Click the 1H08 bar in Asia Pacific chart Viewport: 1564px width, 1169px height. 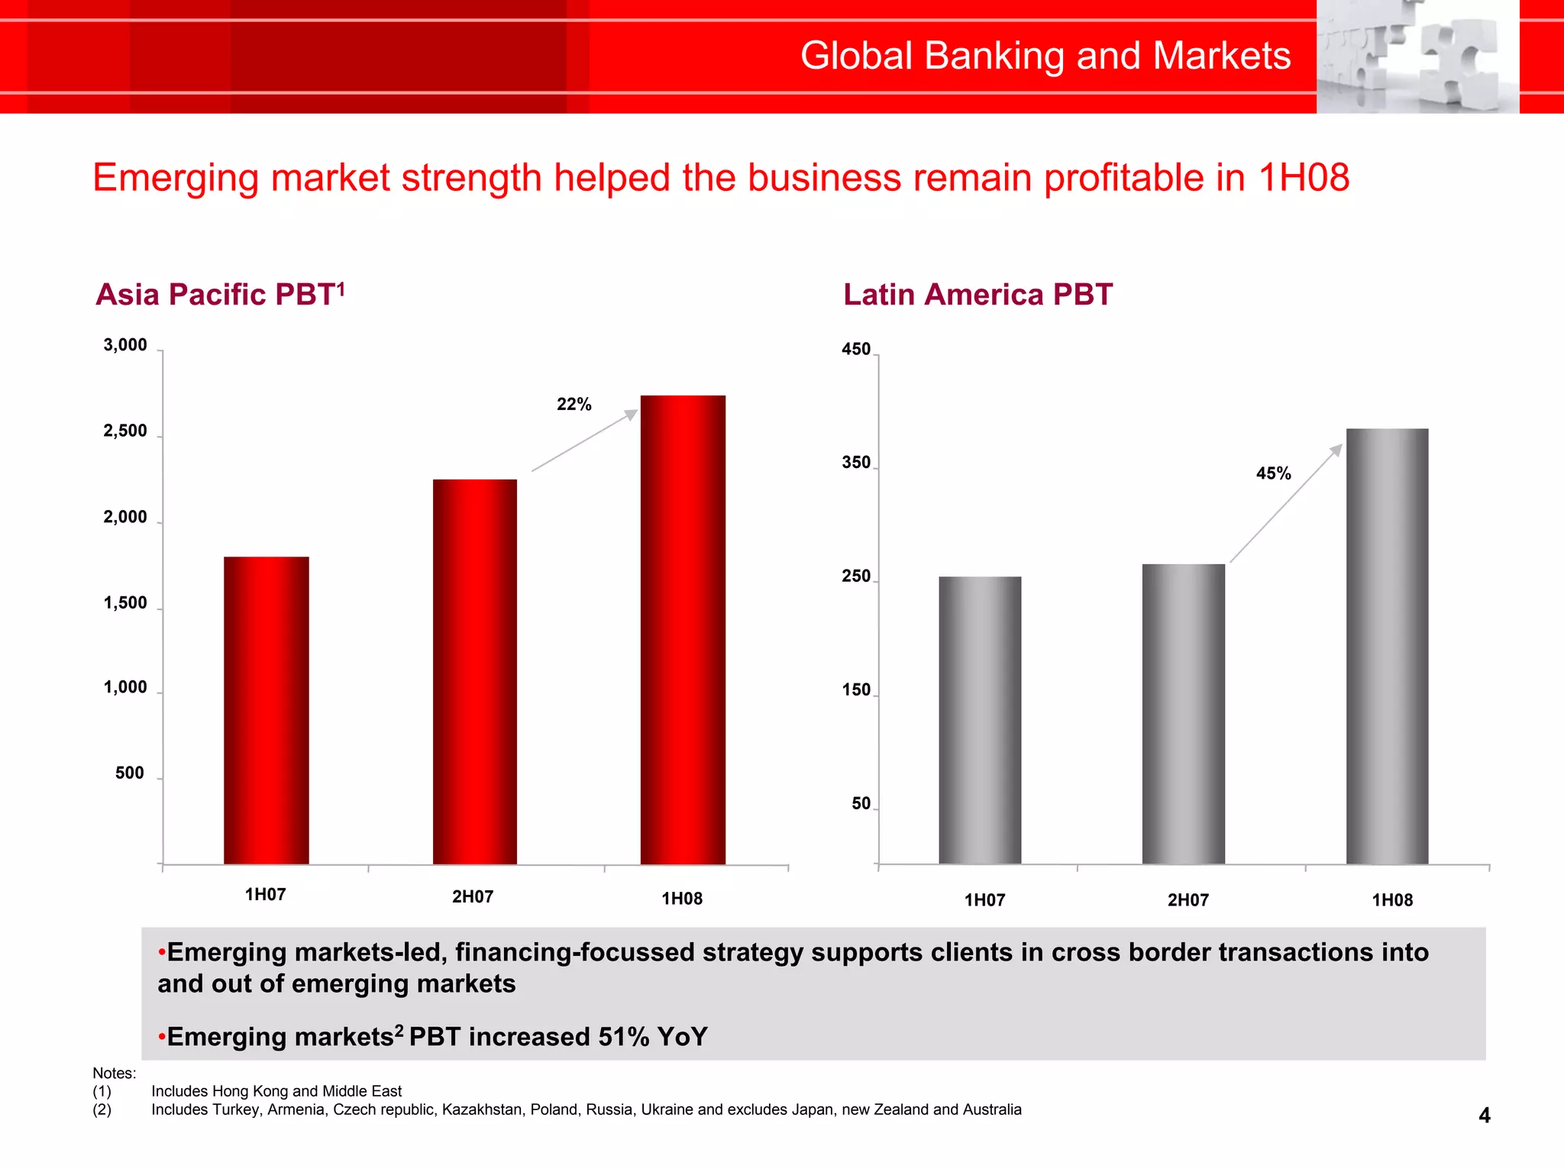pos(683,630)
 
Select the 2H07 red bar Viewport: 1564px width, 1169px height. pos(474,672)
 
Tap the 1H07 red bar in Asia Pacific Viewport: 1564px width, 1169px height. pos(266,710)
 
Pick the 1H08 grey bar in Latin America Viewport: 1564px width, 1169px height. pos(1387,646)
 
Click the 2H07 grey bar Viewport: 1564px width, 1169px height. pos(1183,714)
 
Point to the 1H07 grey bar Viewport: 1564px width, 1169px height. pos(980,720)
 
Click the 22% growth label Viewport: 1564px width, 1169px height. pos(574,405)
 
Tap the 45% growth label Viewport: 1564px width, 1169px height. pos(1273,473)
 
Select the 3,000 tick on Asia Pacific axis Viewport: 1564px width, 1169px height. pos(125,345)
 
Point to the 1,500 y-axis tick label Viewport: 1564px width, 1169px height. pos(125,603)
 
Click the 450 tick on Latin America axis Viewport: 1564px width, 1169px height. pos(855,350)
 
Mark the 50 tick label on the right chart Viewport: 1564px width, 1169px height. pos(861,804)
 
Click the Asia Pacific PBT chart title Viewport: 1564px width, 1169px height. pos(220,295)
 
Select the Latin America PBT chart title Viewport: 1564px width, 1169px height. pos(977,295)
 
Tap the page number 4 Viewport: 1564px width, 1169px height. pos(1484,1116)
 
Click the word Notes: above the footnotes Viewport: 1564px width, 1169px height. pos(115,1073)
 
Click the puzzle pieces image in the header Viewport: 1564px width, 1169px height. pos(1417,57)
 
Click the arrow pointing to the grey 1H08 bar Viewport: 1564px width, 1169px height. pos(1286,503)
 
